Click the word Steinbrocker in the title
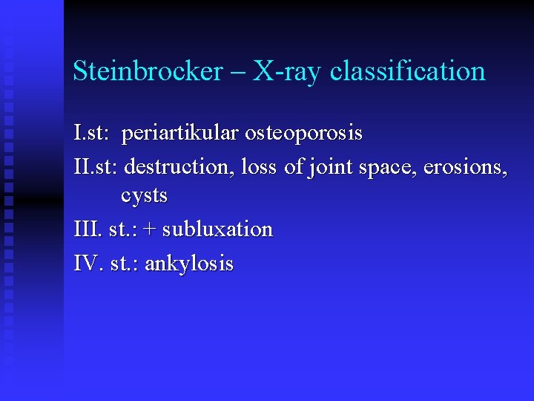pyautogui.click(x=148, y=71)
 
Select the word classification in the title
pyautogui.click(x=408, y=71)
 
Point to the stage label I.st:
pyautogui.click(x=92, y=134)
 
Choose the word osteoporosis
pyautogui.click(x=304, y=134)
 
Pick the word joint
pyautogui.click(x=330, y=166)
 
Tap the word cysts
pyautogui.click(x=144, y=197)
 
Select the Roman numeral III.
pyautogui.click(x=87, y=229)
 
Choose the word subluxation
pyautogui.click(x=217, y=229)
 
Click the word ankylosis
pyautogui.click(x=189, y=264)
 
